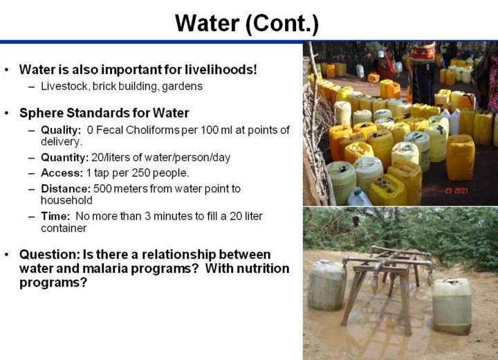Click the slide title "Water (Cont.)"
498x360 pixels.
[247, 24]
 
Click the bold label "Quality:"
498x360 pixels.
[61, 130]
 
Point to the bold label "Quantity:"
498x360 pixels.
[65, 157]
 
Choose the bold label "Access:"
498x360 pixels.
[62, 173]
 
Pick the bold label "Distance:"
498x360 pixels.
[66, 188]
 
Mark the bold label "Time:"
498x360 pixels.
[55, 216]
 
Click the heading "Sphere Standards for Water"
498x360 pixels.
[104, 113]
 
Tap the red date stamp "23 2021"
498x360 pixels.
[456, 190]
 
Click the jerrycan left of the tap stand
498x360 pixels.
[326, 285]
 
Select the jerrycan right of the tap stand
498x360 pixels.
[452, 306]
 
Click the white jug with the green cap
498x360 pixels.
[359, 197]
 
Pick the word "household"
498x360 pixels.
[66, 200]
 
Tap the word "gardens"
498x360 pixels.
[183, 87]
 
